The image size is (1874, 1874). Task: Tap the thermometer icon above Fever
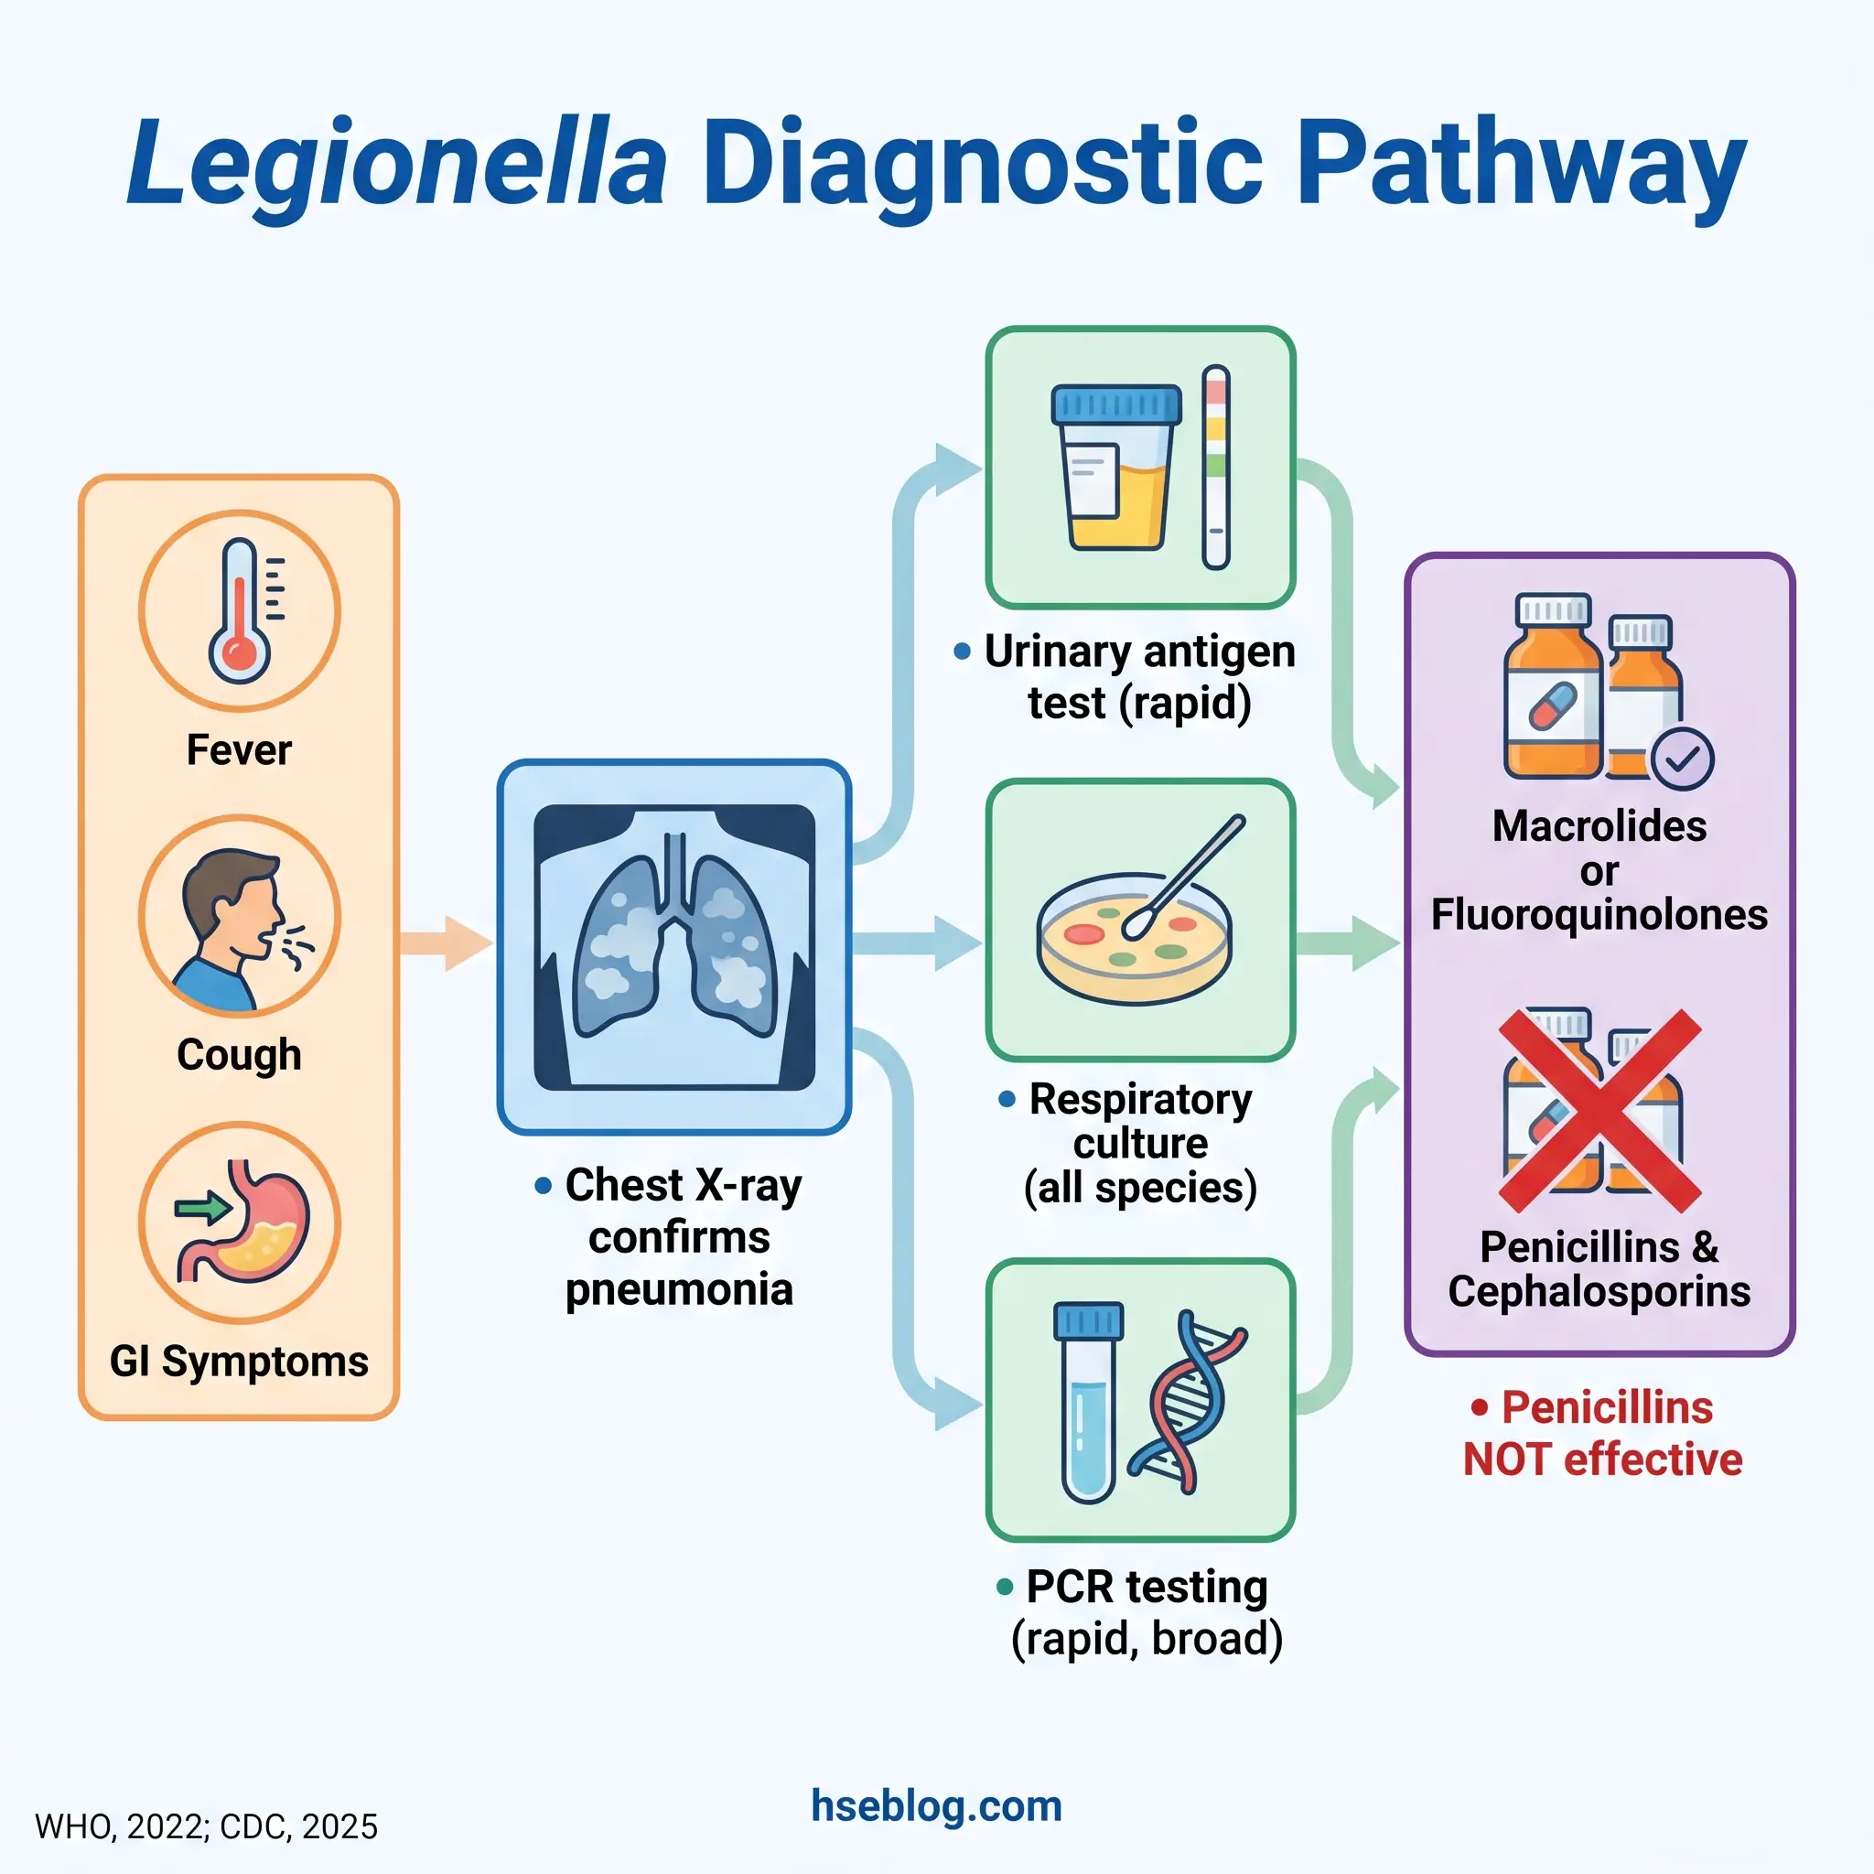point(239,611)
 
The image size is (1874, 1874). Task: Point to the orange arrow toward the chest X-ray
point(447,942)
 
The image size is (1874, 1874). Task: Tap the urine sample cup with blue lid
point(1115,468)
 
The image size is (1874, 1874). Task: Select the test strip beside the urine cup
point(1215,468)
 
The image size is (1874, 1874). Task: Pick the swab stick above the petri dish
point(1189,873)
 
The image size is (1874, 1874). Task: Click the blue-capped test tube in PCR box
point(1087,1402)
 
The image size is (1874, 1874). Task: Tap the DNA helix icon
point(1185,1402)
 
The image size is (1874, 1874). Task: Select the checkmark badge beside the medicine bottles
point(1681,759)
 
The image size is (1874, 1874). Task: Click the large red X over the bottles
point(1599,1111)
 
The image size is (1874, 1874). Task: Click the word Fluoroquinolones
point(1599,915)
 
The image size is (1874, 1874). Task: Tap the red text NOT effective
point(1602,1459)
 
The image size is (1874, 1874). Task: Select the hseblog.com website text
point(936,1806)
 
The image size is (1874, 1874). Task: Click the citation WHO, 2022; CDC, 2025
point(206,1827)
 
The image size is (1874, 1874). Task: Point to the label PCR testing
point(1147,1588)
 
